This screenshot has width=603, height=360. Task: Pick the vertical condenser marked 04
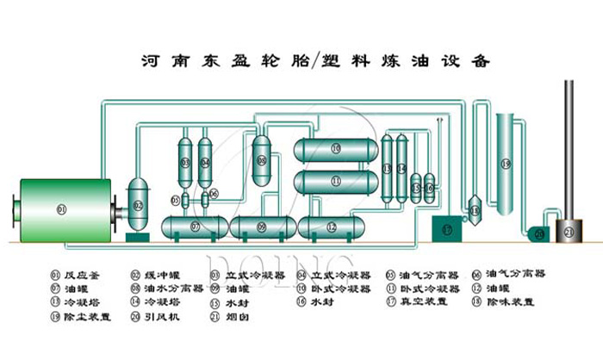click(x=205, y=161)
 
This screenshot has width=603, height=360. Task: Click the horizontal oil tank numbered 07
click(x=195, y=227)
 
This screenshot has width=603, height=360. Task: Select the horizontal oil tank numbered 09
click(x=262, y=227)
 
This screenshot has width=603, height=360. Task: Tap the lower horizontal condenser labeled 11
click(x=335, y=181)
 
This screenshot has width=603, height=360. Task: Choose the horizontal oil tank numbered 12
click(x=333, y=227)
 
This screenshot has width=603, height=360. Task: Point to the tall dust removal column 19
click(x=506, y=164)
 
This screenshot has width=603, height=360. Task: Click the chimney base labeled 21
click(x=568, y=230)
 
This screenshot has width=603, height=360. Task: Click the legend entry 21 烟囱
click(x=240, y=316)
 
